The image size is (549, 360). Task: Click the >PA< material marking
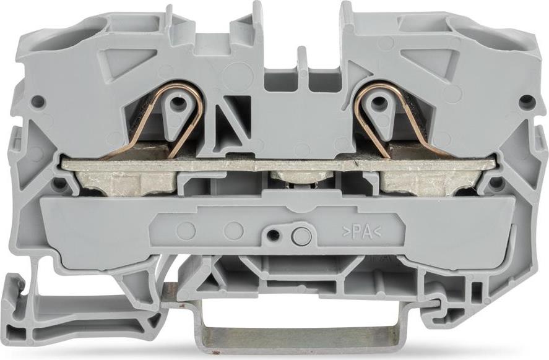tap(361, 233)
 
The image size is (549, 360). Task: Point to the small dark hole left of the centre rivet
tap(272, 234)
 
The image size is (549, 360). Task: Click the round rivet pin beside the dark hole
tap(301, 236)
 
